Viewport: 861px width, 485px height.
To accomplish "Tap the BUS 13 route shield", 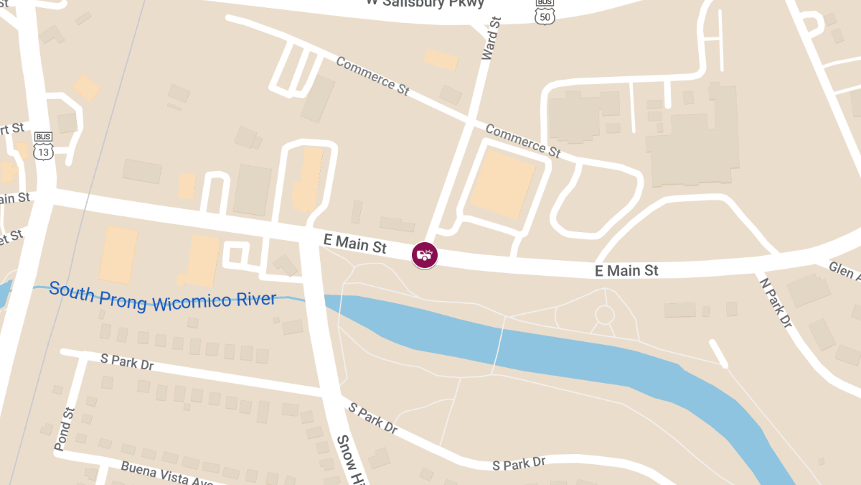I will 43,146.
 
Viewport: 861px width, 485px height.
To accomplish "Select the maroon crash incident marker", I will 424,254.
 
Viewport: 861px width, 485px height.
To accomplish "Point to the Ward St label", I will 491,40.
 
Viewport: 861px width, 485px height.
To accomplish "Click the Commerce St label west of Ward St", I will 372,76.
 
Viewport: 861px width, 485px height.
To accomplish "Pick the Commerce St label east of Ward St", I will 522,140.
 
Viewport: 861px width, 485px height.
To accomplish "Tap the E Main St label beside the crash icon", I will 355,244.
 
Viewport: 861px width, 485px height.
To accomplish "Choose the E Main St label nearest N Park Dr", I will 626,271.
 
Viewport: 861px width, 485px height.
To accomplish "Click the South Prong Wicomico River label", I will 162,297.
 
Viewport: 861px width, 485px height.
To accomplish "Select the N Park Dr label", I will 775,302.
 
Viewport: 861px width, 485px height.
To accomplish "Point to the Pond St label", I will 64,429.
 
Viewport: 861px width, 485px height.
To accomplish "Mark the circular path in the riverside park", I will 605,315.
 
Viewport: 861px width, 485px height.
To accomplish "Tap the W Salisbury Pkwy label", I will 425,3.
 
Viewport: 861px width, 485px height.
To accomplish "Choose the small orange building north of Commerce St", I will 441,59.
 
